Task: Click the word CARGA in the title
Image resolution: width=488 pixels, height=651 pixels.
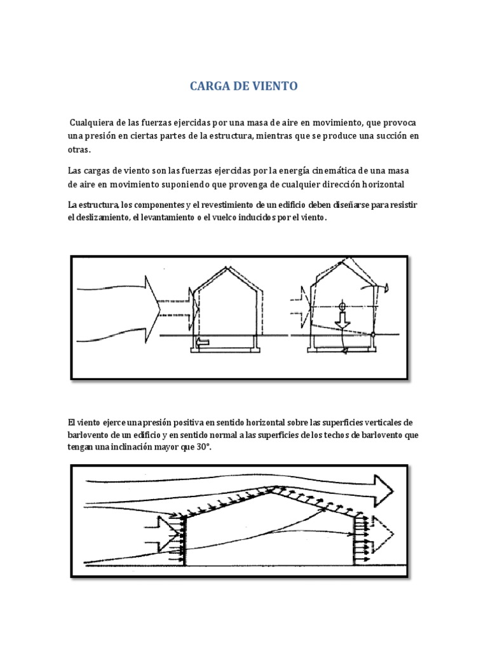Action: pyautogui.click(x=208, y=86)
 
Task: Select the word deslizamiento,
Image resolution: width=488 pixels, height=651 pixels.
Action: pyautogui.click(x=96, y=218)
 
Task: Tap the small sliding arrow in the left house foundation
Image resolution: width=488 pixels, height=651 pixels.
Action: pyautogui.click(x=203, y=343)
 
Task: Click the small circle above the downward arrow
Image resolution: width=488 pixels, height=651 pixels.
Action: pyautogui.click(x=343, y=306)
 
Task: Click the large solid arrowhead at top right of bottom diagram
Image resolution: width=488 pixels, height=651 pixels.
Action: pyautogui.click(x=383, y=488)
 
